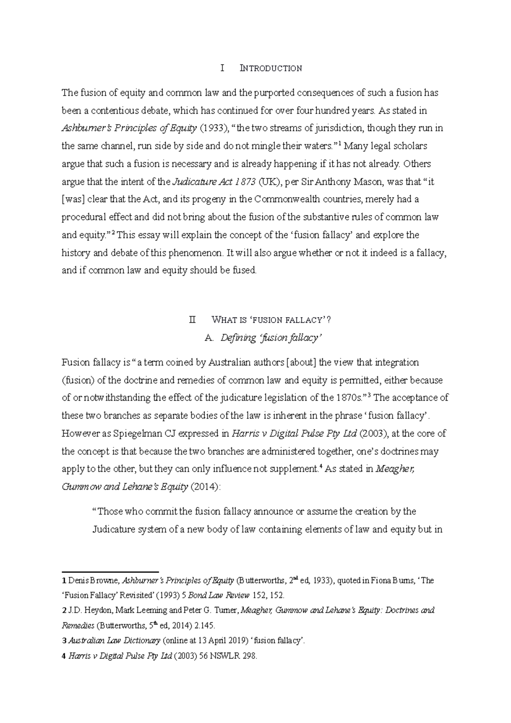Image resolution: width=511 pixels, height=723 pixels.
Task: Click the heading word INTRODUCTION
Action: click(x=271, y=68)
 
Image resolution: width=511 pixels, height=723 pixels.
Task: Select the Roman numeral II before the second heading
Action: click(x=193, y=320)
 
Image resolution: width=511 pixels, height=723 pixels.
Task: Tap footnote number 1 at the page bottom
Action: click(x=64, y=580)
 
